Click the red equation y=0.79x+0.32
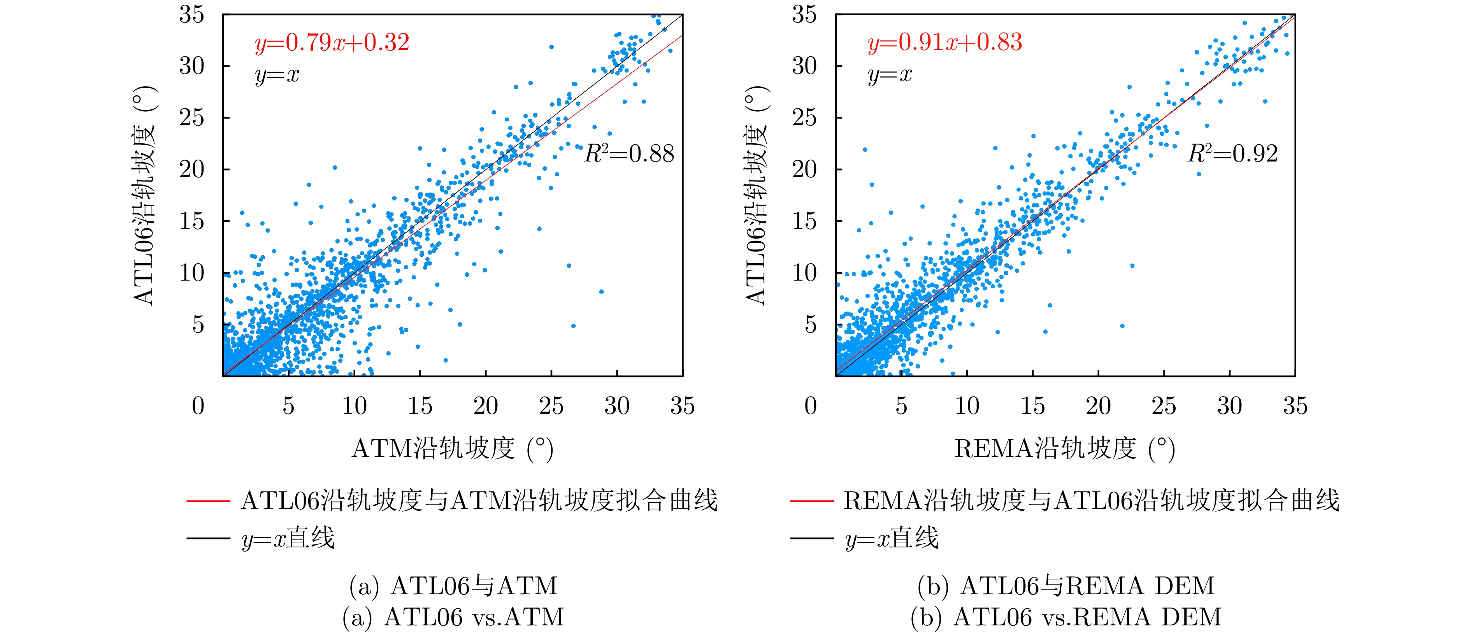click(332, 43)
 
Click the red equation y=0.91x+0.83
click(944, 43)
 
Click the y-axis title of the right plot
click(756, 195)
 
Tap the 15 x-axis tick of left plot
click(420, 406)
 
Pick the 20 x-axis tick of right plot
click(1098, 406)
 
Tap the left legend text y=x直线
click(288, 538)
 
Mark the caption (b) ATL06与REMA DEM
click(1066, 586)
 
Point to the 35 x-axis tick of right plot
click(1295, 406)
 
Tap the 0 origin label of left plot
click(198, 406)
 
